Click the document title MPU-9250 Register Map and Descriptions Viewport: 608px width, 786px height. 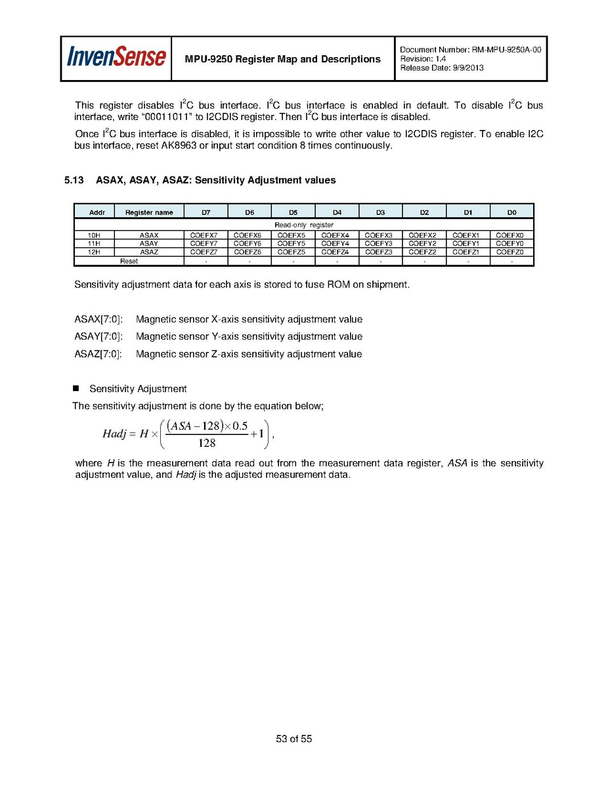[283, 59]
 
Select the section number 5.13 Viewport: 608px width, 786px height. [74, 180]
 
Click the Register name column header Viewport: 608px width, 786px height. [149, 212]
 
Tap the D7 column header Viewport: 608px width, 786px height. [206, 212]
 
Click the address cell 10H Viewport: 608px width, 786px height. [94, 235]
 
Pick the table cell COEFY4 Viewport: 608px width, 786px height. [336, 243]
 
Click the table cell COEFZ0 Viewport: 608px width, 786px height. [510, 252]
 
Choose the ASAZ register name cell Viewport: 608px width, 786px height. [148, 252]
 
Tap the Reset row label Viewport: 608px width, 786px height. [129, 261]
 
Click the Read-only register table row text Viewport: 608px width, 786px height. [303, 225]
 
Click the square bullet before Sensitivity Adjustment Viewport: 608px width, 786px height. [76, 388]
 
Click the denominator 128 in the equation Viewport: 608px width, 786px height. [207, 442]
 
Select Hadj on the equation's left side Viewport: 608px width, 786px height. [115, 434]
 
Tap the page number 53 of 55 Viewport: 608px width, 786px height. [293, 739]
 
